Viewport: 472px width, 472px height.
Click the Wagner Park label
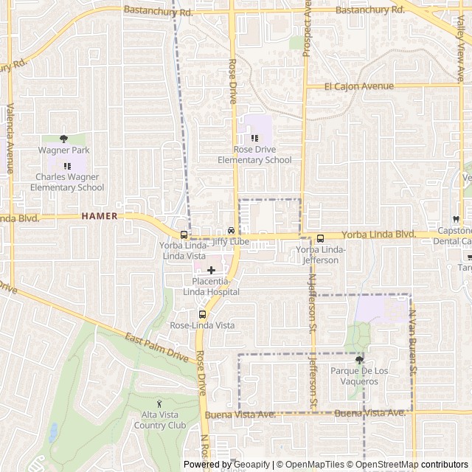63,150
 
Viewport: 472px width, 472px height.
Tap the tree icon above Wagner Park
63,139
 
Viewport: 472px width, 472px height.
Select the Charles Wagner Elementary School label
67,182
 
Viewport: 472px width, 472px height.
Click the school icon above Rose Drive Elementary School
254,138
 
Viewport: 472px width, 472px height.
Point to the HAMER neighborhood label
100,216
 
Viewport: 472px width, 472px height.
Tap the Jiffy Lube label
230,241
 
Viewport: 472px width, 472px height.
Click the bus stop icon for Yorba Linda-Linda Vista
184,234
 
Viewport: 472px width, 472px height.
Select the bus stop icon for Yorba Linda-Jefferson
320,238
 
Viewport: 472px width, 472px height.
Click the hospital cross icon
211,271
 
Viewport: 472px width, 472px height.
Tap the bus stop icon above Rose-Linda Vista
202,314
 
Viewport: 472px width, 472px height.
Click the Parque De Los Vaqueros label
359,375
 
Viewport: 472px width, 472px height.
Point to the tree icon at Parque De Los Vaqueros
359,360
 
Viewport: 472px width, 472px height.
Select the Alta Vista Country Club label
159,420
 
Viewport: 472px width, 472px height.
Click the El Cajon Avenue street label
360,86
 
